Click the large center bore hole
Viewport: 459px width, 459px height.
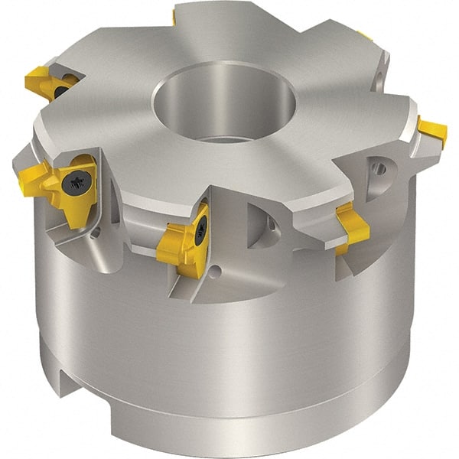(223, 103)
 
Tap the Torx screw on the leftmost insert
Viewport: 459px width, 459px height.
(76, 182)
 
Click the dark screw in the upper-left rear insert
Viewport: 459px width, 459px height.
(61, 91)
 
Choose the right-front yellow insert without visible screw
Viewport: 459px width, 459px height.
(353, 227)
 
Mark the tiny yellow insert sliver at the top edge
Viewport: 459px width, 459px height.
(174, 16)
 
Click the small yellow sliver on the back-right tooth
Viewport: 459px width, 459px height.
(366, 36)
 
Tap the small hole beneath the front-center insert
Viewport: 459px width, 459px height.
(216, 270)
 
